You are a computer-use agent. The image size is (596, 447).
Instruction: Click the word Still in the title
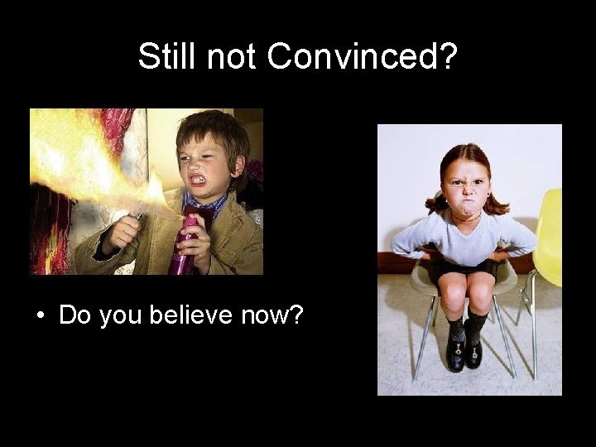point(169,56)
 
